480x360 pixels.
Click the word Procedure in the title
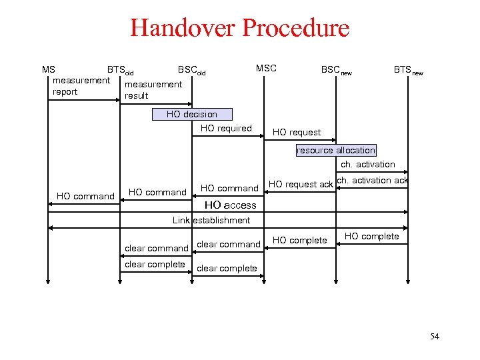(295, 28)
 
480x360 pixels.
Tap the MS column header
(49, 69)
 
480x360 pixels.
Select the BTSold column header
(121, 70)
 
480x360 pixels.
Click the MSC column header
(266, 68)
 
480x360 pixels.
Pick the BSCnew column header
(336, 70)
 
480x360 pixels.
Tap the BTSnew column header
(408, 70)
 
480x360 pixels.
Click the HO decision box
(192, 114)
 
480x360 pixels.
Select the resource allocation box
(336, 150)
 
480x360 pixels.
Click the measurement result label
(153, 89)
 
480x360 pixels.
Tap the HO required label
(226, 128)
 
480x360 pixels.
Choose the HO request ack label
(301, 184)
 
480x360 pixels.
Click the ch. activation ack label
(373, 180)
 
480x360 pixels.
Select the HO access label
(230, 205)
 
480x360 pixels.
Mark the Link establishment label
(211, 220)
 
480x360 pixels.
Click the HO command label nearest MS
(85, 196)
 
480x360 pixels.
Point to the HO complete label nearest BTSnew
(371, 236)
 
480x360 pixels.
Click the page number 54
(435, 337)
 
